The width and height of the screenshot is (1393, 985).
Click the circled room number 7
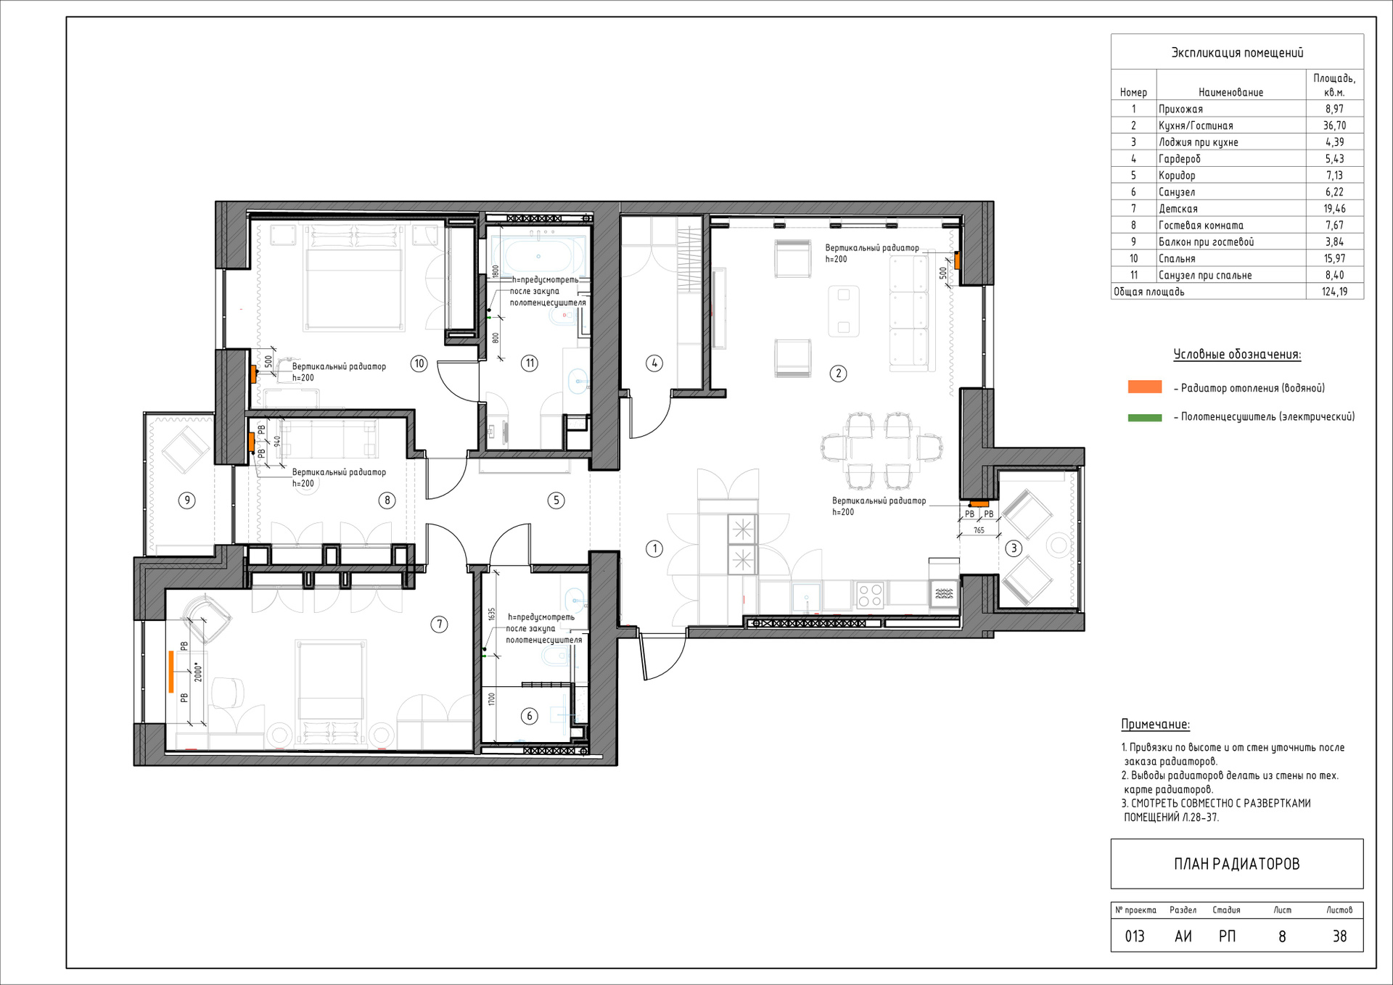pos(439,624)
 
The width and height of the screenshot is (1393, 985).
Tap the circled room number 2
pos(838,374)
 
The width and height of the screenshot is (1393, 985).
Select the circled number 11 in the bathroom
pos(530,363)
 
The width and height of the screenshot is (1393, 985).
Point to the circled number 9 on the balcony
pos(187,500)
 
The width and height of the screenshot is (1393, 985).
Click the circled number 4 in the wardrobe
pos(654,363)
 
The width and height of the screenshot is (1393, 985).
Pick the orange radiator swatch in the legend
pos(1145,387)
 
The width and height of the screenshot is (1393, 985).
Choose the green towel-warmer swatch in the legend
pos(1145,418)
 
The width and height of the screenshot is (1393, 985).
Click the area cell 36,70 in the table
pos(1334,125)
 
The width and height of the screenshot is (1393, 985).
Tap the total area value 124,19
pos(1334,292)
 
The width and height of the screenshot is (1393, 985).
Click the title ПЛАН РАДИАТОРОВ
pos(1237,864)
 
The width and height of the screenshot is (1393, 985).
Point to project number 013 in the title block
pos(1135,936)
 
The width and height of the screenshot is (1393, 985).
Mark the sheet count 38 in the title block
pos(1339,936)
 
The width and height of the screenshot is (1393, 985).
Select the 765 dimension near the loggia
pos(979,530)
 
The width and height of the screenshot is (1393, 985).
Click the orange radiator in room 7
pos(172,672)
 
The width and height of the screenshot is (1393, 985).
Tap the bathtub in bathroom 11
pos(538,256)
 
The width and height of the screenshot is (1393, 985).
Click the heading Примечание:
pos(1156,724)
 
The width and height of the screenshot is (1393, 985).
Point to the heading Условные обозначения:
pos(1237,355)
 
